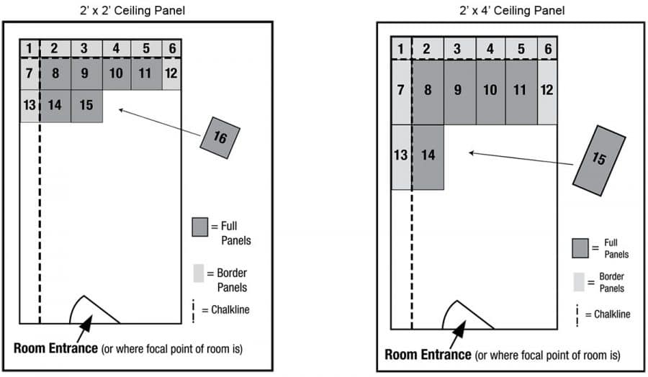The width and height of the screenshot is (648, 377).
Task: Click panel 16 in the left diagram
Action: pos(220,137)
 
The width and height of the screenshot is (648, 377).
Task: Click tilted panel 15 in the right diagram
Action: pos(599,160)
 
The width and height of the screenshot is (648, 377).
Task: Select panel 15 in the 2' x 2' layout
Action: pos(86,106)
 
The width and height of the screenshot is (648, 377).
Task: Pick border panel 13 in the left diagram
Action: pos(30,106)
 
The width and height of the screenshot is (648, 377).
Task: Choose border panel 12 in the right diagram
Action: pos(547,91)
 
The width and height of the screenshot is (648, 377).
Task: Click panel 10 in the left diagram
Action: pos(116,74)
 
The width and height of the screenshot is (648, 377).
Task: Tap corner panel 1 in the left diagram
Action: pos(29,48)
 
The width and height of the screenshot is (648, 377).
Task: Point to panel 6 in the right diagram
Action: pos(547,48)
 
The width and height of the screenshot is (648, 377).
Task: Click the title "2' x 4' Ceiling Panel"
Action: pos(512,10)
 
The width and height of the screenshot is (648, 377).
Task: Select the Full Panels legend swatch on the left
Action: pos(201,227)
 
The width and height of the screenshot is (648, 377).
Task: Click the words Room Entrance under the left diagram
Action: pos(55,349)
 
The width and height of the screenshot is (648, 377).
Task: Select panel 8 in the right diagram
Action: pos(428,91)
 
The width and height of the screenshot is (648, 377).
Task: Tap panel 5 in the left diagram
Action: pos(146,48)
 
